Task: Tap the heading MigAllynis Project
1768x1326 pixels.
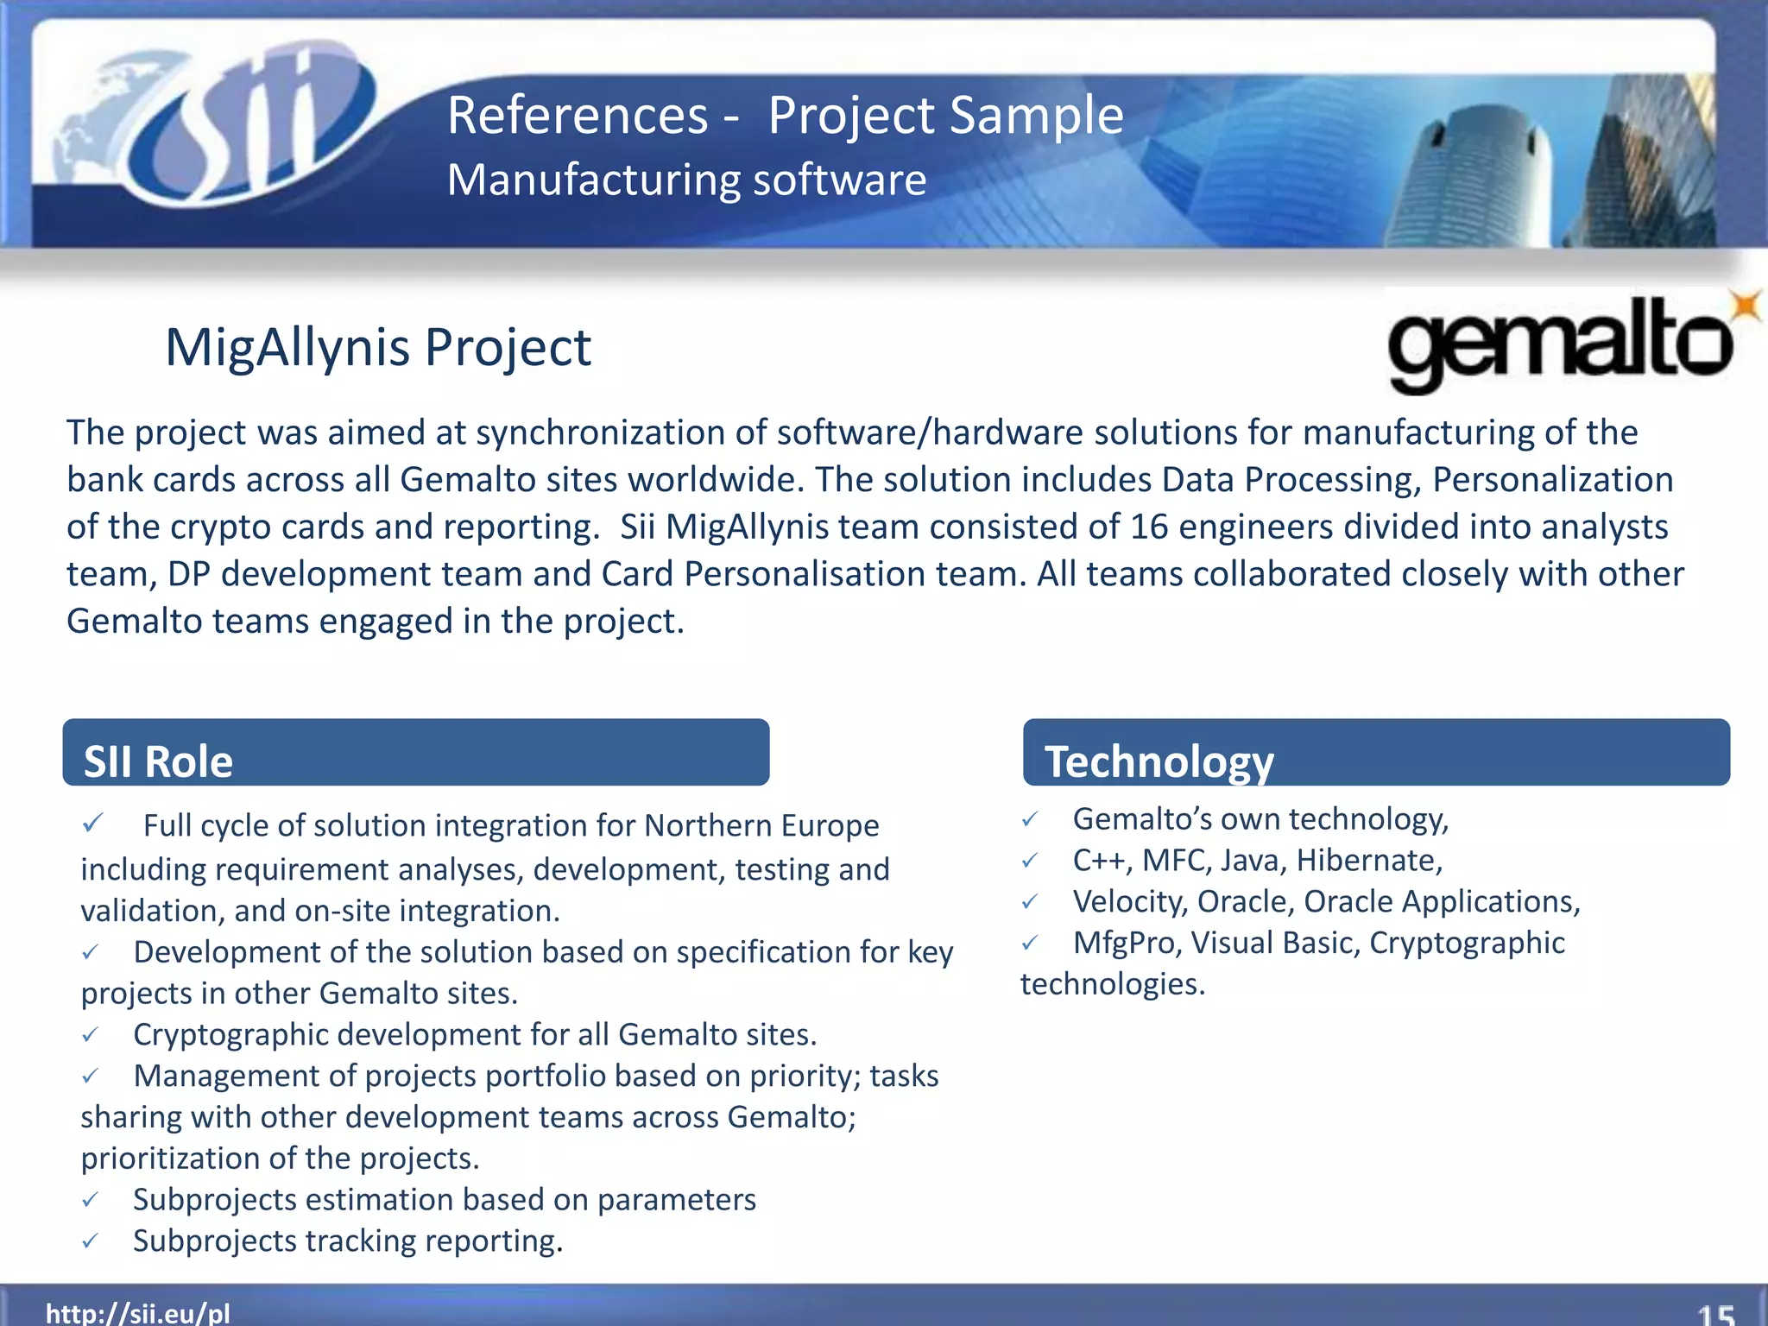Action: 377,348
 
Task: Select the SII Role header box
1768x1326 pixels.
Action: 415,753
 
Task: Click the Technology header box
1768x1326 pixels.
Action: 1376,753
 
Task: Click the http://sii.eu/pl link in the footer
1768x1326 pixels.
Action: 138,1313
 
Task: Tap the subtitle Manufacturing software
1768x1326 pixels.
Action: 686,180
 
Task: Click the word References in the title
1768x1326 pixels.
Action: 578,116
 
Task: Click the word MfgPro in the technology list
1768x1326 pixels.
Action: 1126,943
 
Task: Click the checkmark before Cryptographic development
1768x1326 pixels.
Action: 91,1034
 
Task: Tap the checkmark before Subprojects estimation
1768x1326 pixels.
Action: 91,1199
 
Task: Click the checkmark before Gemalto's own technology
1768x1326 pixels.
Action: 1030,819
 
